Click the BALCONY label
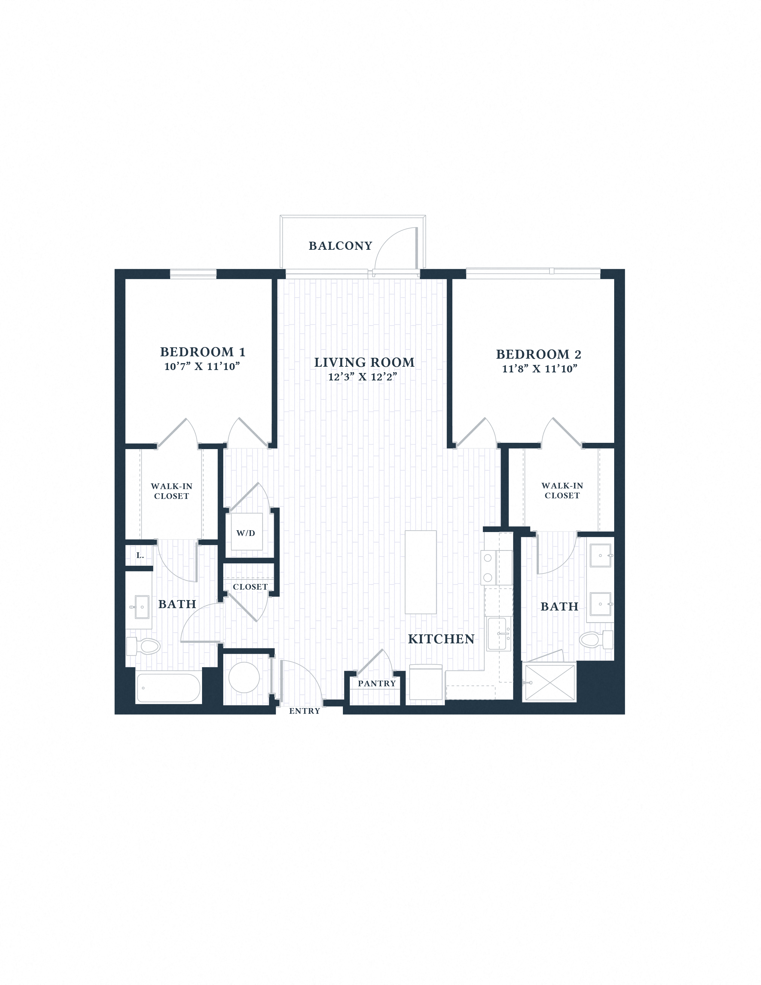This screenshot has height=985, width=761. tap(340, 246)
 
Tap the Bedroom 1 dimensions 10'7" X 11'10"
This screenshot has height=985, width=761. tap(202, 366)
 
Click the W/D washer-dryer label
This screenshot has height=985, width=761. tap(246, 533)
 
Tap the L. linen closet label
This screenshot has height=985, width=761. tap(140, 556)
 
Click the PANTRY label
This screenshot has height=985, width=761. tap(377, 683)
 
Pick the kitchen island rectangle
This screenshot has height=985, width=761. tap(420, 572)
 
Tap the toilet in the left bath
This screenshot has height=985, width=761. tap(144, 646)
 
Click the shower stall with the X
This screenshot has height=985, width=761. tap(549, 682)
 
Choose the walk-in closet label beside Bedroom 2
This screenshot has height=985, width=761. tap(562, 490)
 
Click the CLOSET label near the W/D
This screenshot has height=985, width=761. tap(250, 587)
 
